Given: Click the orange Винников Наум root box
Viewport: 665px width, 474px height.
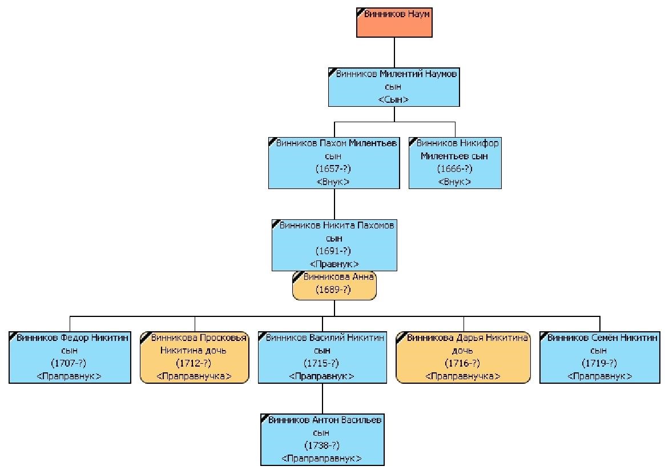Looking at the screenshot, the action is pyautogui.click(x=394, y=22).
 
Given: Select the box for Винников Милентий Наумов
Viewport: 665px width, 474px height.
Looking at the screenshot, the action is pyautogui.click(x=393, y=87).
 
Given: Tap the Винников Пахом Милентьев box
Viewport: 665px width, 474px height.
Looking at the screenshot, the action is pyautogui.click(x=334, y=163).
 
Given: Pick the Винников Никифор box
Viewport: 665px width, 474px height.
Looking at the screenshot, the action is pyautogui.click(x=455, y=163).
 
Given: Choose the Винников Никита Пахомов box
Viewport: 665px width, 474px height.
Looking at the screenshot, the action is pyautogui.click(x=334, y=245).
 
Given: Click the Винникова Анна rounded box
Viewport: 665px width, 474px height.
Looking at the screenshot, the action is pyautogui.click(x=334, y=285).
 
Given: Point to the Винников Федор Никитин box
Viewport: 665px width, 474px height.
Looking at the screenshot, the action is pyautogui.click(x=70, y=357).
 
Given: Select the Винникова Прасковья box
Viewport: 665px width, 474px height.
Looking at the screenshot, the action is pyautogui.click(x=194, y=357).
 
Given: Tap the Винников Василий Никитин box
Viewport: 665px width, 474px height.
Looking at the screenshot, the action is pyautogui.click(x=323, y=357).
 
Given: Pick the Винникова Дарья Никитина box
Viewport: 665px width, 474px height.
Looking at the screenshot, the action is pyautogui.click(x=463, y=357).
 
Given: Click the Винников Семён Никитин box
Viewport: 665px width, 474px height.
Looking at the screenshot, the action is pyautogui.click(x=600, y=357).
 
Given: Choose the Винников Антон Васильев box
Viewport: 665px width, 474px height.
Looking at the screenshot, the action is pyautogui.click(x=323, y=440).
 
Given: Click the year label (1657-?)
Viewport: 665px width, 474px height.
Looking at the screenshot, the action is pyautogui.click(x=333, y=168).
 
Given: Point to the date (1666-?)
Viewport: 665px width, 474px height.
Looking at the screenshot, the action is pyautogui.click(x=454, y=168).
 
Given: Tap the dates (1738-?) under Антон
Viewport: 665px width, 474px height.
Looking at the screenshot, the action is pyautogui.click(x=322, y=445).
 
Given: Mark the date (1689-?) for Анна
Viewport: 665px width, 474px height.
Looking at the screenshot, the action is pyautogui.click(x=333, y=290).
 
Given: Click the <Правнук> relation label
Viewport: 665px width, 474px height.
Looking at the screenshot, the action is pyautogui.click(x=334, y=263).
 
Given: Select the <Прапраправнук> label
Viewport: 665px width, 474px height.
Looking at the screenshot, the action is pyautogui.click(x=321, y=459).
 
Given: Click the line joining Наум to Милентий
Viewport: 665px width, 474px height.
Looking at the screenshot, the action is pyautogui.click(x=394, y=52).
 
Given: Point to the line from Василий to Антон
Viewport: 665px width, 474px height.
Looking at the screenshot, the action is pyautogui.click(x=323, y=399).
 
